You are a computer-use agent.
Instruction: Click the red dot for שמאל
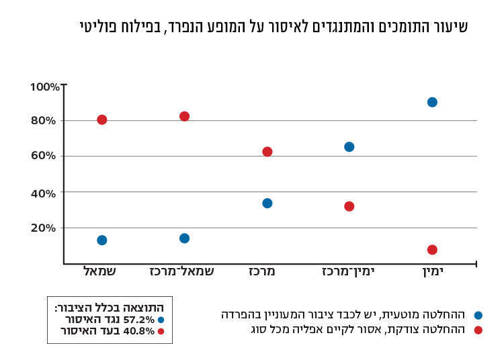click(x=102, y=120)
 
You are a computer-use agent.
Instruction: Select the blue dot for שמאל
click(x=102, y=240)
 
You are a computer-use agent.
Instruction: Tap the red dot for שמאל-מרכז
click(x=185, y=116)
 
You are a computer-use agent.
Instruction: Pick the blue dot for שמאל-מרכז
click(x=185, y=238)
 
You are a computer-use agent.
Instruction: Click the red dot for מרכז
click(x=267, y=152)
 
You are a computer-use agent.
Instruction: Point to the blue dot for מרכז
click(x=267, y=203)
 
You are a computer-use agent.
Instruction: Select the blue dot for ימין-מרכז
click(x=349, y=146)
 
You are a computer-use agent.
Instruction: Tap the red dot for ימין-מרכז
click(x=349, y=206)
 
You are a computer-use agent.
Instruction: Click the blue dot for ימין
click(x=432, y=102)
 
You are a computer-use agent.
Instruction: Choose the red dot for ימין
click(x=432, y=250)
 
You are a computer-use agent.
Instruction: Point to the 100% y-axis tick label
click(x=44, y=87)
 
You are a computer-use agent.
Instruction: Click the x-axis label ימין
click(x=433, y=271)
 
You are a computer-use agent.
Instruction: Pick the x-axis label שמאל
click(x=99, y=271)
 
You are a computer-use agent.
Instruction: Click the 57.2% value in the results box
click(x=139, y=320)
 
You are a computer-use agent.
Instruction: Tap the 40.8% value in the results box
click(x=139, y=331)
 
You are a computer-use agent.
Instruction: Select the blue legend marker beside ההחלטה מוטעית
click(x=478, y=315)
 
